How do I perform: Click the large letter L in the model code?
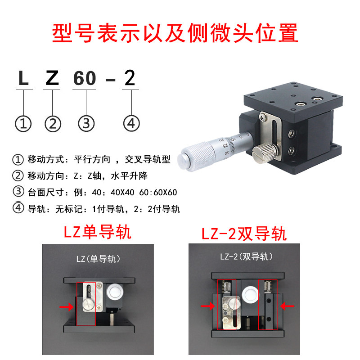pos(23,78)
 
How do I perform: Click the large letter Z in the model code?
pos(52,78)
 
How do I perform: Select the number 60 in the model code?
pos(85,78)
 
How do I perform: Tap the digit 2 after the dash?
pos(130,78)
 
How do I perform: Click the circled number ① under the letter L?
pos(23,123)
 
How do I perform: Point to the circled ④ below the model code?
pos(131,123)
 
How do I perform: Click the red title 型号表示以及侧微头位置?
pos(175,32)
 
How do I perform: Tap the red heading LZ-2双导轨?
pos(243,233)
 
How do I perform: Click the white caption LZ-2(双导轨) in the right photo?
pos(246,257)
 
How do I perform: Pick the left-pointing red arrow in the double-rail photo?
pos(288,306)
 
